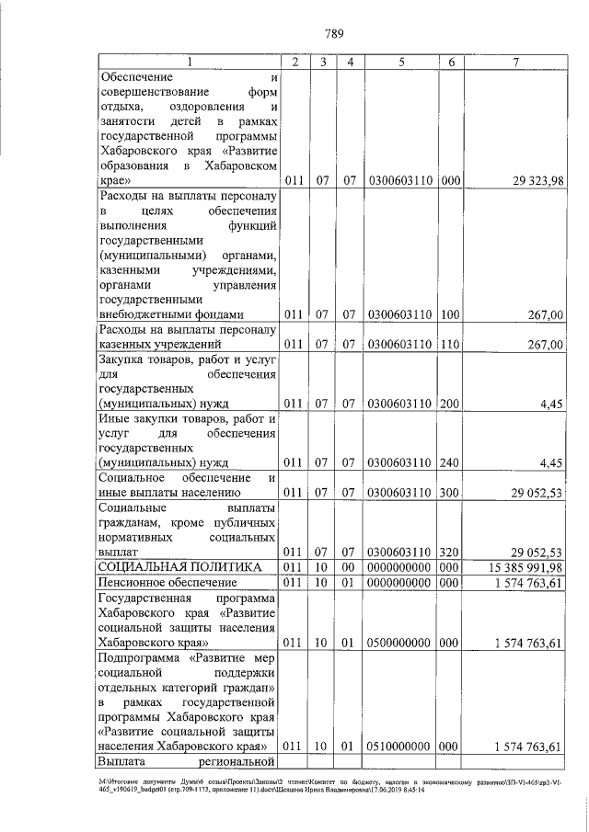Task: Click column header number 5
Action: click(x=402, y=62)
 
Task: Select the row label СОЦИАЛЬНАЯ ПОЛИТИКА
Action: click(x=179, y=567)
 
